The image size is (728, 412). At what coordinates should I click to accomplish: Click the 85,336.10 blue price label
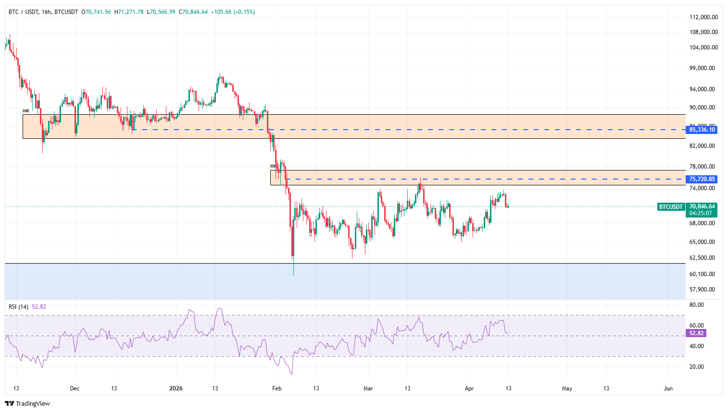[702, 130]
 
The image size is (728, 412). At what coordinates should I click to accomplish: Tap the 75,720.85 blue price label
[702, 179]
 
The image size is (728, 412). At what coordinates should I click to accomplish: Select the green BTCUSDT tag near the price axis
[671, 207]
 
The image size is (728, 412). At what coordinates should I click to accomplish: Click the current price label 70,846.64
[702, 206]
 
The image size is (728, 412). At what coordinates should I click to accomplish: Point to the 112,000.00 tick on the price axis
[703, 17]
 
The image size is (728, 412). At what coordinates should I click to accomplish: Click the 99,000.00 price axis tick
[703, 68]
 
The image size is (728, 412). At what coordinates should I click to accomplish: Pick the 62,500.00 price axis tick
[703, 258]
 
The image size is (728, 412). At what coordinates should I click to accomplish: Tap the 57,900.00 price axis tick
[703, 290]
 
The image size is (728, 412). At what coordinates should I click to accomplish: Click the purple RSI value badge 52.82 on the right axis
[696, 333]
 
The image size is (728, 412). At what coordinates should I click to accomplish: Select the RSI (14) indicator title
[18, 307]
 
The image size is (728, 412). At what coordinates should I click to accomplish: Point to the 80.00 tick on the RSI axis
[696, 305]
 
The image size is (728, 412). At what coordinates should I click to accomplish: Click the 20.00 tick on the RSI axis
[696, 367]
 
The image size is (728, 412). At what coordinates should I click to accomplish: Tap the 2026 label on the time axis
[176, 388]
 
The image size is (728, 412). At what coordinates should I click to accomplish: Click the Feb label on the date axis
[276, 388]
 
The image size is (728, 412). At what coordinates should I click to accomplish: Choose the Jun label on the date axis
[668, 388]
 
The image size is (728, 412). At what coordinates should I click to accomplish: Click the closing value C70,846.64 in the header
[193, 12]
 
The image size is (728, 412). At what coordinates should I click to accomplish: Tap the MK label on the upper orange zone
[26, 111]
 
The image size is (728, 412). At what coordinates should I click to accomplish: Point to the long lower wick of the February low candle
[293, 267]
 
